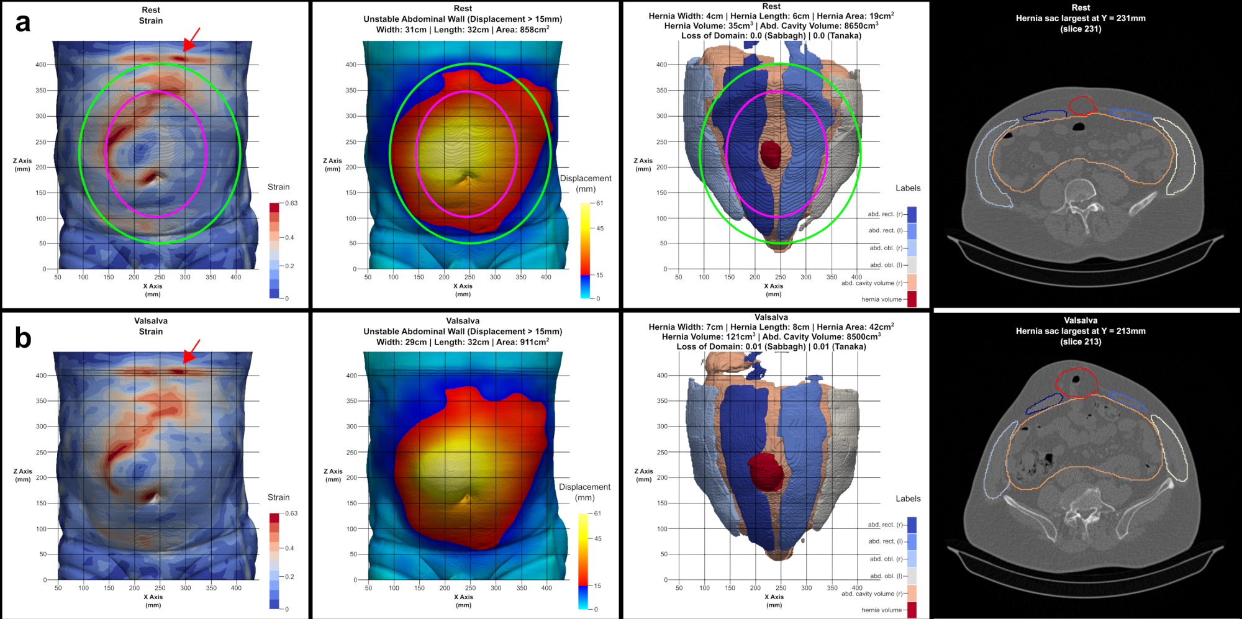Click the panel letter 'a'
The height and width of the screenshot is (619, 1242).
[23, 23]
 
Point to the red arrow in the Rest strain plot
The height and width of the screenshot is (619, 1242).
[192, 39]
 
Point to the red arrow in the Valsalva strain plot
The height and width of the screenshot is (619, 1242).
[191, 351]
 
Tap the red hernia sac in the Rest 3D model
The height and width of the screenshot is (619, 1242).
[771, 155]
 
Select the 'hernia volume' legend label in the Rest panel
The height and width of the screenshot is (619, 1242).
[882, 299]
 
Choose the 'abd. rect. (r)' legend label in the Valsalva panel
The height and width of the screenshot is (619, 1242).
[886, 525]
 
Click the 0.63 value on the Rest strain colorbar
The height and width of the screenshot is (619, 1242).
[291, 203]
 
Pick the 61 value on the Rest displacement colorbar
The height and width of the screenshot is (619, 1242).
[600, 203]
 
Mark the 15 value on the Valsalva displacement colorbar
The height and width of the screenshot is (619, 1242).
[597, 585]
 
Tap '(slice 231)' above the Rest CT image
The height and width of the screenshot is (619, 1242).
[1081, 29]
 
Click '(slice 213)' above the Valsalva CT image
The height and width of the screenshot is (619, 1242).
[1081, 341]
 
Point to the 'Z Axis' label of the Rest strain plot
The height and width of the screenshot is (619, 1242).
[22, 161]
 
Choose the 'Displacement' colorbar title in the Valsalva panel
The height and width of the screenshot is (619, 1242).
[584, 487]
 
